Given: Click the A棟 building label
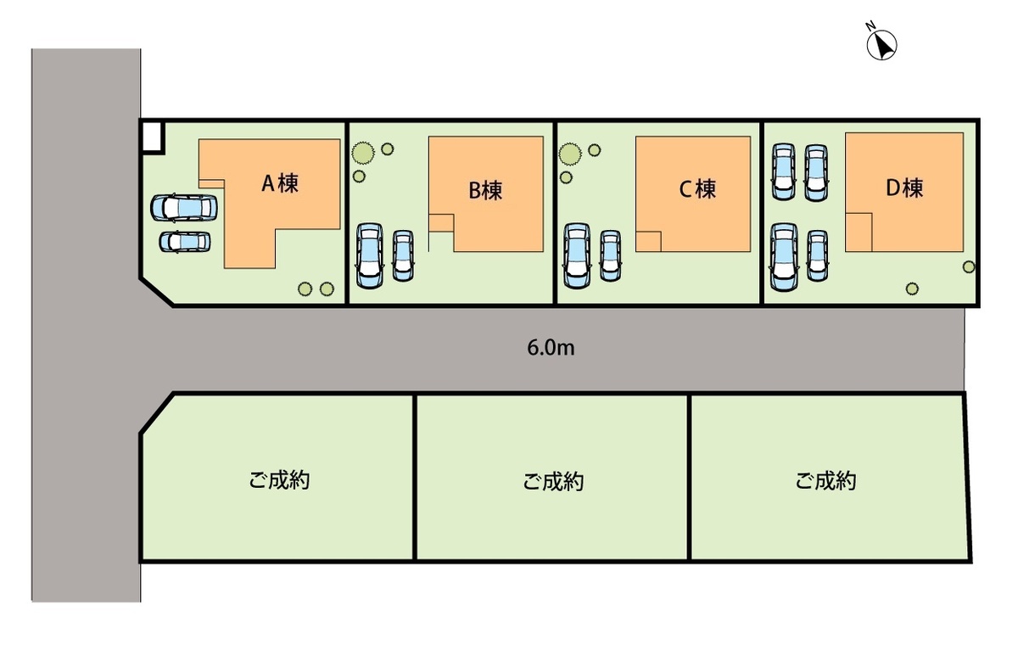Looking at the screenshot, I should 279,182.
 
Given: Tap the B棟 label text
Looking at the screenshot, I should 485,190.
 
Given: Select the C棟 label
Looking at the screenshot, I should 697,188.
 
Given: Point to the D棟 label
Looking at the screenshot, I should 904,188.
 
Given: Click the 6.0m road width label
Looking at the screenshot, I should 552,347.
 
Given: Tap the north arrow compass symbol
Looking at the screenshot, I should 882,44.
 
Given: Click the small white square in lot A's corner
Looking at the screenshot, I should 152,137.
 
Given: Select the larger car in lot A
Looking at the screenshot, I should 183,208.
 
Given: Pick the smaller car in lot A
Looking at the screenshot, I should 185,242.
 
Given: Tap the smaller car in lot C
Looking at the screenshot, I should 610,255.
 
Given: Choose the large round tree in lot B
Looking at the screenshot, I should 363,154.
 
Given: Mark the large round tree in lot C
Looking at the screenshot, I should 571,154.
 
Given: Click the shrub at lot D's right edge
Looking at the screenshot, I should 969,267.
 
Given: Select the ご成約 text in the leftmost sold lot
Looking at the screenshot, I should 279,480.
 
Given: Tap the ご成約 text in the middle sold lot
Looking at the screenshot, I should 552,483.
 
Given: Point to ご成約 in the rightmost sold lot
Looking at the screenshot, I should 825,481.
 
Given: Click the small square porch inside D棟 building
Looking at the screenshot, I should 859,232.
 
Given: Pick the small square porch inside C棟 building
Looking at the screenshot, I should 649,241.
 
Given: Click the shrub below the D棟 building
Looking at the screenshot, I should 912,288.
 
